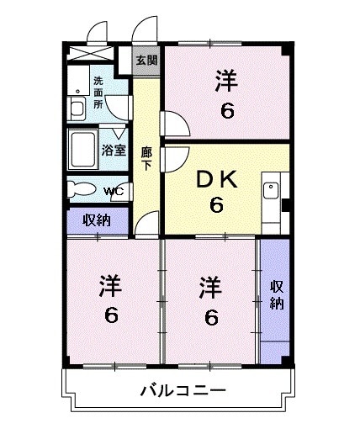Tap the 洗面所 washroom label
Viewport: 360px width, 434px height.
(x=98, y=92)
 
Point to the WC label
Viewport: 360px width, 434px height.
(x=114, y=191)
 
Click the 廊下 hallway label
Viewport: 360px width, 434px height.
(x=146, y=158)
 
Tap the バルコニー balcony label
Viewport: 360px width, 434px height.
(x=183, y=391)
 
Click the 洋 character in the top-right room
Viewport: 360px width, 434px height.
(x=225, y=82)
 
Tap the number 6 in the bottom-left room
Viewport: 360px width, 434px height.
(x=111, y=315)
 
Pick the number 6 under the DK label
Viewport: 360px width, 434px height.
(x=216, y=204)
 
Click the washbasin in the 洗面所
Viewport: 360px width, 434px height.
(x=76, y=108)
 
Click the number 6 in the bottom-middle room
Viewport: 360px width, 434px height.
(x=211, y=317)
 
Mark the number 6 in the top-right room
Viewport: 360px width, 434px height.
(x=225, y=108)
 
